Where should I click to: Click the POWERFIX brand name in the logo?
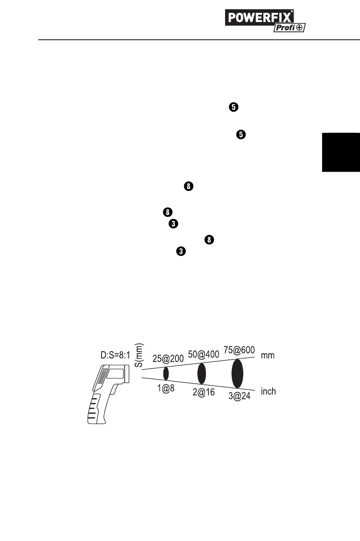pyautogui.click(x=260, y=18)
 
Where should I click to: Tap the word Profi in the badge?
pyautogui.click(x=284, y=28)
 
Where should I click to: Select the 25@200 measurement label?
pyautogui.click(x=168, y=358)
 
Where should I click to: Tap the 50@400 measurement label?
pyautogui.click(x=203, y=354)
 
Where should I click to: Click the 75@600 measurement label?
pyautogui.click(x=239, y=350)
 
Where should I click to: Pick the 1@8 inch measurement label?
pyautogui.click(x=166, y=389)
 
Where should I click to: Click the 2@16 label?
pyautogui.click(x=203, y=392)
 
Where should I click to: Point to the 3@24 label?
pyautogui.click(x=239, y=397)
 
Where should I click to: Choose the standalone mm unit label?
pyautogui.click(x=268, y=356)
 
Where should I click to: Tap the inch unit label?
pyautogui.click(x=268, y=391)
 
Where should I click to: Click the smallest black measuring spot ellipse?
pyautogui.click(x=166, y=374)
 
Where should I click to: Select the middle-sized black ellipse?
pyautogui.click(x=202, y=373)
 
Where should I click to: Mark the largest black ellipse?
pyautogui.click(x=238, y=374)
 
